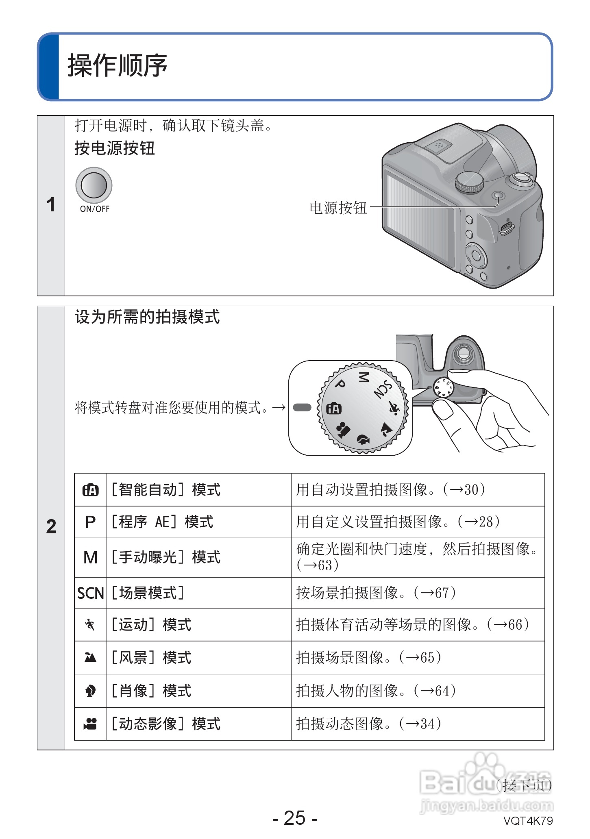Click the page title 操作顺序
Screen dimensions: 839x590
pyautogui.click(x=118, y=65)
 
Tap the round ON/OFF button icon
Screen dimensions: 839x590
pyautogui.click(x=94, y=185)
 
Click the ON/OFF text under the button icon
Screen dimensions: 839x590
pyautogui.click(x=95, y=209)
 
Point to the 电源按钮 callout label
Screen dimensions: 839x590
pyautogui.click(x=338, y=208)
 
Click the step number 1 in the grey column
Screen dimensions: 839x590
pyautogui.click(x=51, y=204)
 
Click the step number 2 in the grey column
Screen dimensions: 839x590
pyautogui.click(x=51, y=527)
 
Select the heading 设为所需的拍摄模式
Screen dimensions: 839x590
pyautogui.click(x=147, y=317)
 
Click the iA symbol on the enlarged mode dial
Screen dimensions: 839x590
pyautogui.click(x=334, y=409)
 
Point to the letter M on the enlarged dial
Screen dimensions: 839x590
pyautogui.click(x=363, y=377)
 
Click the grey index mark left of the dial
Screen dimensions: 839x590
pyautogui.click(x=302, y=407)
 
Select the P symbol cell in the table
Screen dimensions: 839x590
pyautogui.click(x=90, y=522)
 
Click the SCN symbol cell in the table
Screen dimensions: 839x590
pyautogui.click(x=91, y=593)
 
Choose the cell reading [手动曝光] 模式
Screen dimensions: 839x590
pyautogui.click(x=166, y=557)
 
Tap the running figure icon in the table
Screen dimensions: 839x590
pyautogui.click(x=90, y=624)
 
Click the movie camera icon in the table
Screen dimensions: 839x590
pyautogui.click(x=90, y=724)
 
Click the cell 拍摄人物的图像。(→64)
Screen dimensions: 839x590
pyautogui.click(x=376, y=691)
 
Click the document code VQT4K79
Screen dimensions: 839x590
pyautogui.click(x=528, y=821)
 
